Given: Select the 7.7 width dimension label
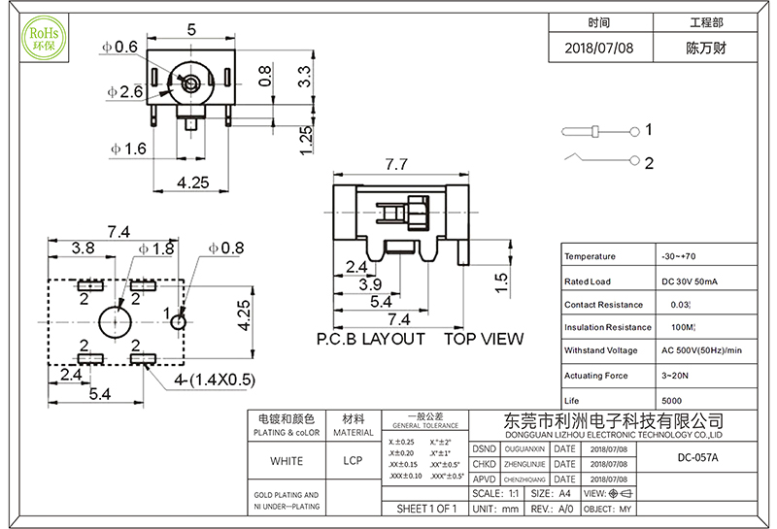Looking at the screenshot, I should pos(395,164).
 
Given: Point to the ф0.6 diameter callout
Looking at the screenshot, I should pos(120,47).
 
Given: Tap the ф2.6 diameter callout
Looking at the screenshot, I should pos(125,92).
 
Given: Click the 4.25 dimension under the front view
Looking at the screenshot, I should pos(194,182).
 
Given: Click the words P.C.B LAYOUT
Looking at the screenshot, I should pos(371,339).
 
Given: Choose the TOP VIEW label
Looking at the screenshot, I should pos(484,339).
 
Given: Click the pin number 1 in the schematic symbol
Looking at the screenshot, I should pos(648,129).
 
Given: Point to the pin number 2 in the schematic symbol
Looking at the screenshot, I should pos(648,162).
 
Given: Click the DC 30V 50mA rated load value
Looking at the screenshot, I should pos(691,281).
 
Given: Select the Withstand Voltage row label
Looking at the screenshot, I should pos(601,350).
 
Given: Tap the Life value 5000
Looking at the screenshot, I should pos(671,400).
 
